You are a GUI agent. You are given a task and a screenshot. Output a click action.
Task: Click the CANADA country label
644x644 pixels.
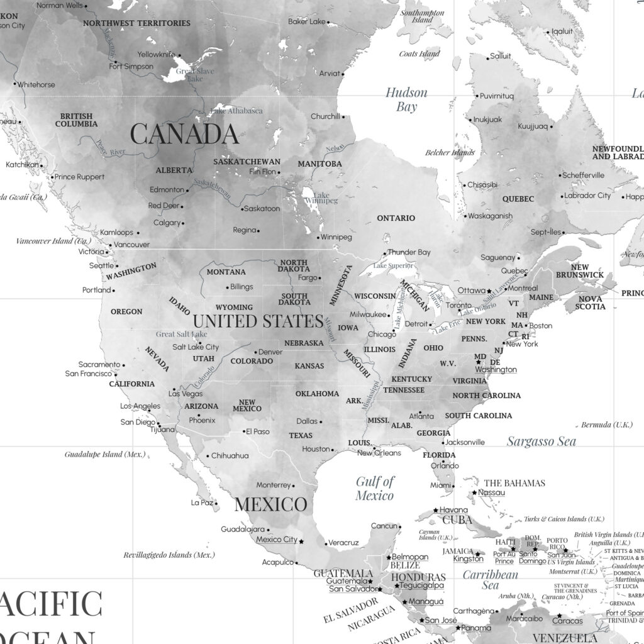[x=184, y=134]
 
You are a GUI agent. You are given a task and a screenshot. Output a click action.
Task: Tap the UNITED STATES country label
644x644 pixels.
[x=258, y=321]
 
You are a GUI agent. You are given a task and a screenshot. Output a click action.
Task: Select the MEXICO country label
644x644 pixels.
[x=271, y=504]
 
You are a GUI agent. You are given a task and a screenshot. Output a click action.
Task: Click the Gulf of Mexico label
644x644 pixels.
[x=375, y=488]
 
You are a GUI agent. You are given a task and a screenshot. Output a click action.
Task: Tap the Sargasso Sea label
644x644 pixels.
[x=541, y=441]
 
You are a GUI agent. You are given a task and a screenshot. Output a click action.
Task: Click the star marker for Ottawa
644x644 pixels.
[x=490, y=291]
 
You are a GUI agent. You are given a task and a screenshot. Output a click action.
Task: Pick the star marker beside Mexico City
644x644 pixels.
[x=301, y=541]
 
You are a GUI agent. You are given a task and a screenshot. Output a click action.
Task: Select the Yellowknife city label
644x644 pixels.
[x=156, y=54]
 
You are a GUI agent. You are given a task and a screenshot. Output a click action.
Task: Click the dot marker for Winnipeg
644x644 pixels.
[x=318, y=238]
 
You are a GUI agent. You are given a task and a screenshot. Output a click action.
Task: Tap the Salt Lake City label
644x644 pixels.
[x=196, y=347]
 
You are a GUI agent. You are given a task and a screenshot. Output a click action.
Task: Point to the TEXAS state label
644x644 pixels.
[x=301, y=435]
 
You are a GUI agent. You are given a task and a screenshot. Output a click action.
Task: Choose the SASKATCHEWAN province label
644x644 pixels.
[x=247, y=162]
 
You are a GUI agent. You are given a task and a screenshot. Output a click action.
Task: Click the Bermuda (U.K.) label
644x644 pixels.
[x=606, y=425]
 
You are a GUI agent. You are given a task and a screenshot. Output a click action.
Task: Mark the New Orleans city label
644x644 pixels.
[x=379, y=453]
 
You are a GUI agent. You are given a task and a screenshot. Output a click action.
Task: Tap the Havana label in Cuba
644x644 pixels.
[x=453, y=509]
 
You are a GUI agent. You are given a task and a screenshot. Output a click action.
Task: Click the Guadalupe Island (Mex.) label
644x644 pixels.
[x=105, y=454]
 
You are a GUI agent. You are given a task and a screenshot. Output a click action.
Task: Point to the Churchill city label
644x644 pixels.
[x=325, y=116]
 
